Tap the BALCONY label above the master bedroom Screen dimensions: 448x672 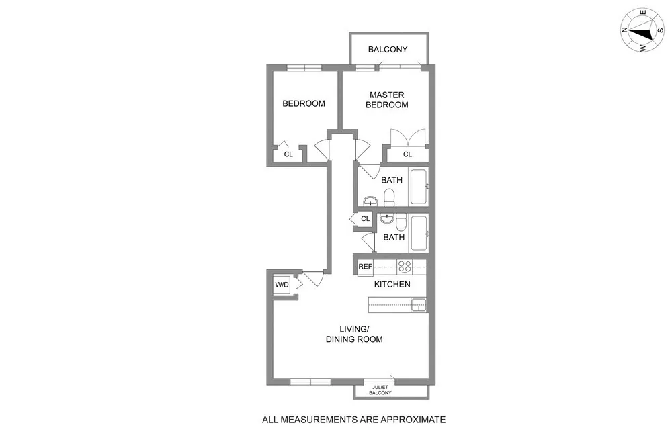pyautogui.click(x=388, y=50)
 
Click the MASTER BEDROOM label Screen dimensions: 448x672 pyautogui.click(x=386, y=100)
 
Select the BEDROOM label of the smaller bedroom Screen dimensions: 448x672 pyautogui.click(x=303, y=103)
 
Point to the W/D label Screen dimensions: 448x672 pyautogui.click(x=282, y=285)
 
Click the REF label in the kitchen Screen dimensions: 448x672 pyautogui.click(x=365, y=267)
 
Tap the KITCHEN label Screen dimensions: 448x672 pyautogui.click(x=392, y=285)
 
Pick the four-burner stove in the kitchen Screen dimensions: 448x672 pyautogui.click(x=405, y=266)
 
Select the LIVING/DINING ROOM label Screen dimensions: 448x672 pyautogui.click(x=353, y=334)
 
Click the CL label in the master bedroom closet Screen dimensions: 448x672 pyautogui.click(x=407, y=155)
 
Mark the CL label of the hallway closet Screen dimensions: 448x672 pyautogui.click(x=365, y=219)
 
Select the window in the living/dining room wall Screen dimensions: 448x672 pyautogui.click(x=310, y=382)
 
